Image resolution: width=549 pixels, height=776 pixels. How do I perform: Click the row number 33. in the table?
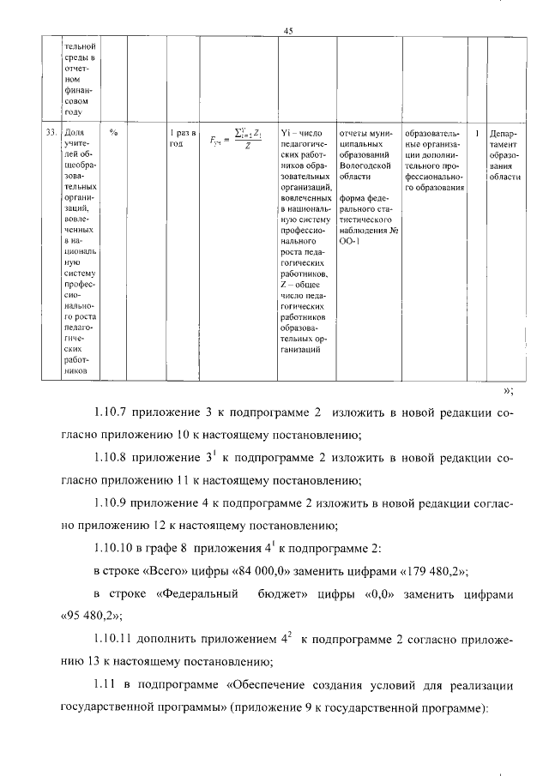[51, 133]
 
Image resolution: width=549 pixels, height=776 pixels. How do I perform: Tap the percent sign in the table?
[113, 133]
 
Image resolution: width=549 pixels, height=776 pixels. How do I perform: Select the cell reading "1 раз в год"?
[182, 138]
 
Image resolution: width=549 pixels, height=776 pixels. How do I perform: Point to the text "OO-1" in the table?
[348, 243]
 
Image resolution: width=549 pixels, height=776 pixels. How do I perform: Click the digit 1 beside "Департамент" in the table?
[477, 133]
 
